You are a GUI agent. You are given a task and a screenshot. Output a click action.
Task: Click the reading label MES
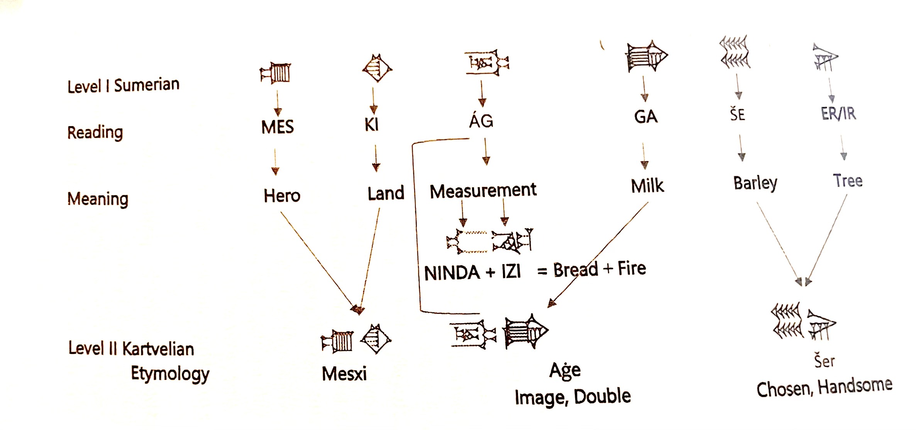pos(278,127)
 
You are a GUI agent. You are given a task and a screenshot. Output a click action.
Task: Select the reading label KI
pos(372,124)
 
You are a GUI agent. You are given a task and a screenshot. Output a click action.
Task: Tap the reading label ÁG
pos(481,121)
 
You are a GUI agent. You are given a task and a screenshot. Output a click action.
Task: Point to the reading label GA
pos(645,116)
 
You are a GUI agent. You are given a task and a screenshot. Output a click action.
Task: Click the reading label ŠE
pos(737,115)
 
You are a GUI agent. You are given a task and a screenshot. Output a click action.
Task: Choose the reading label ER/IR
pos(838,114)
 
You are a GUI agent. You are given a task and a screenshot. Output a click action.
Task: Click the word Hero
pos(282,196)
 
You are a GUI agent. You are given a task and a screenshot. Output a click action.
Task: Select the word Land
pos(386,193)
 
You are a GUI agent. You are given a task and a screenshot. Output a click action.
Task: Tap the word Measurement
pos(483,191)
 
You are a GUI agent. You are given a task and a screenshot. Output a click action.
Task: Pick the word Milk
pos(647,186)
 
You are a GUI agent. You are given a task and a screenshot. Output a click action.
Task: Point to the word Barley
pos(755,183)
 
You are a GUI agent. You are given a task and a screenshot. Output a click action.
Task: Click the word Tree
pos(848,180)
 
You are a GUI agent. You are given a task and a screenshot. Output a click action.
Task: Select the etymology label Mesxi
pos(344,374)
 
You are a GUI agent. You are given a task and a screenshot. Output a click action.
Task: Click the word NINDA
pos(452,273)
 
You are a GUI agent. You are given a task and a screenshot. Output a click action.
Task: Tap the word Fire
pos(632,268)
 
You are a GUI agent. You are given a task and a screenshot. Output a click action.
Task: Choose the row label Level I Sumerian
pos(124,85)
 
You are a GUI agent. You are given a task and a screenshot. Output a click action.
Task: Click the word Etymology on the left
pos(170,374)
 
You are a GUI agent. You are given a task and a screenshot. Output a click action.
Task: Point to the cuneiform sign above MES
pos(275,73)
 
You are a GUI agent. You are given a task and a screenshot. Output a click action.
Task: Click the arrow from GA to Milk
pos(644,156)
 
